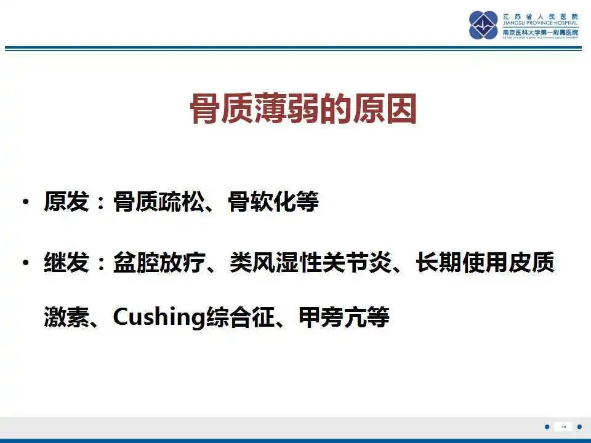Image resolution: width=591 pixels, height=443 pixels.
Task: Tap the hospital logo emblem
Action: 483,25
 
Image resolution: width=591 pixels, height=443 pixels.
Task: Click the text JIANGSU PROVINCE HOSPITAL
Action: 541,24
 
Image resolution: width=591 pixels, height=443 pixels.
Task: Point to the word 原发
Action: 66,202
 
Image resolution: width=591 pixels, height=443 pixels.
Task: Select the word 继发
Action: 66,263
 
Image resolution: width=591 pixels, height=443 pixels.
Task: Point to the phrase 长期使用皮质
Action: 485,263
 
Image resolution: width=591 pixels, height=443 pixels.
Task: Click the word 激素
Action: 66,317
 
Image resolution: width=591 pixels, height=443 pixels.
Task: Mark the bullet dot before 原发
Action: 25,202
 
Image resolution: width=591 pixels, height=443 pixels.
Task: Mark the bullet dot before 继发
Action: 25,263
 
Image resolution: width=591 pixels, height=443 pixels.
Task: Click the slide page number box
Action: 563,427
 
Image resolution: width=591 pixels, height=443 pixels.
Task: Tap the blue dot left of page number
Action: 547,427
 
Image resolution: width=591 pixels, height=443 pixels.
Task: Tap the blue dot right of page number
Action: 579,427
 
